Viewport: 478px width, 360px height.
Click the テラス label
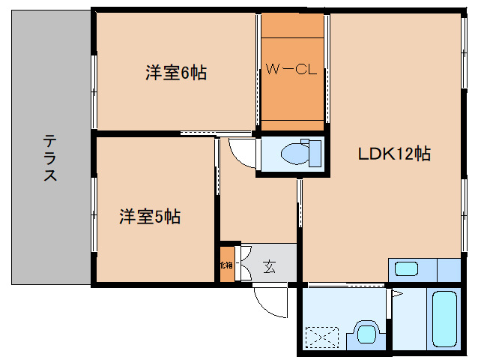point(50,158)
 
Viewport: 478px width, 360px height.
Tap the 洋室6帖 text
point(176,73)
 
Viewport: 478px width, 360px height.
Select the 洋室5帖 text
point(150,217)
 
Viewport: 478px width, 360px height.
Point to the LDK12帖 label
point(393,154)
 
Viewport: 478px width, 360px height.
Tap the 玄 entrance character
point(268,265)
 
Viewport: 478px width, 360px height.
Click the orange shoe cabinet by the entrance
point(226,265)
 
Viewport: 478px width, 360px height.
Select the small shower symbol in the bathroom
point(397,293)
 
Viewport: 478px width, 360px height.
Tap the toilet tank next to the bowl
point(315,153)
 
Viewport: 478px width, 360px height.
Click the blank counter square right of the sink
point(447,268)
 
